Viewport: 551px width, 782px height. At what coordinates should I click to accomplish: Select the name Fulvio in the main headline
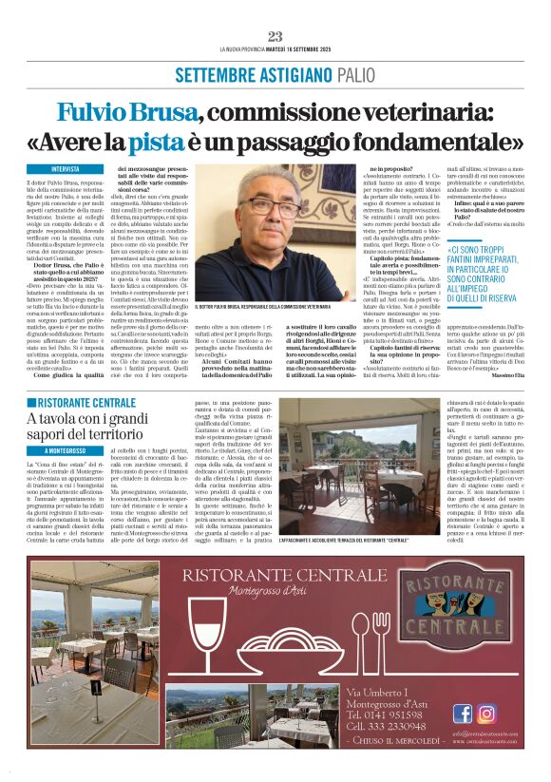pyautogui.click(x=92, y=112)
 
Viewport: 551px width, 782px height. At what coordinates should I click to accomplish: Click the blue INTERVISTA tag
pyautogui.click(x=66, y=169)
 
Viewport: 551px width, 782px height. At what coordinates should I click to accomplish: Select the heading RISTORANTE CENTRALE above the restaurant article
pyautogui.click(x=84, y=403)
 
